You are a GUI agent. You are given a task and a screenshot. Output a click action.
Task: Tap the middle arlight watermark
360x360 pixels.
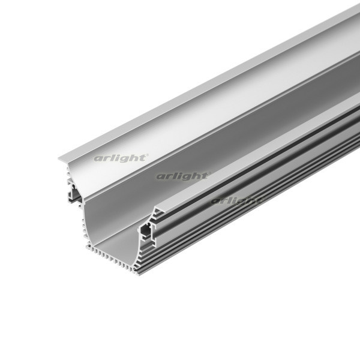[x=182, y=176]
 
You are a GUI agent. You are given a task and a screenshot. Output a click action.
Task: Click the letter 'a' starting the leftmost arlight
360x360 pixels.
[x=97, y=159]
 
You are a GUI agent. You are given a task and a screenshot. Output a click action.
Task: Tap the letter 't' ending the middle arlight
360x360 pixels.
[x=205, y=176]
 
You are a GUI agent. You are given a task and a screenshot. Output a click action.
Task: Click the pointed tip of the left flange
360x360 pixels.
[x=60, y=158]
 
